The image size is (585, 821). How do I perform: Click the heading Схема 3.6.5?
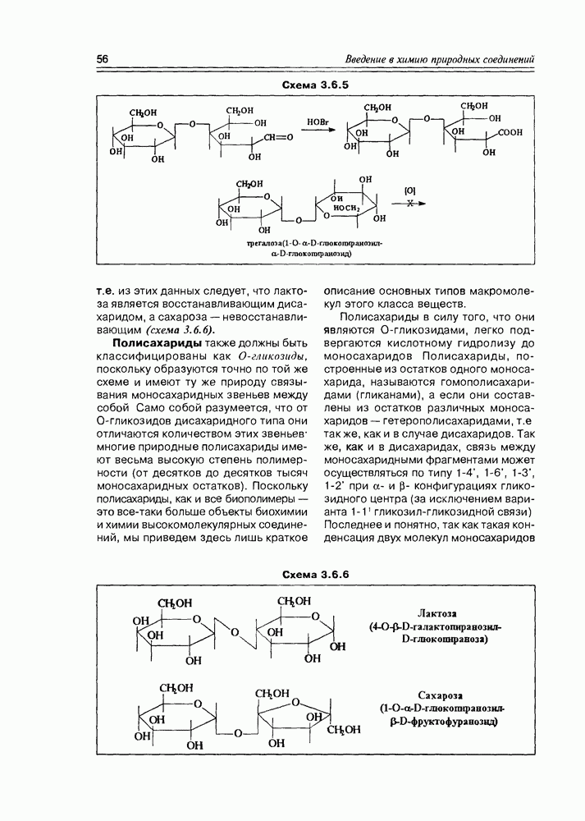click(316, 85)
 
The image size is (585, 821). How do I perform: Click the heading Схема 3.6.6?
click(316, 574)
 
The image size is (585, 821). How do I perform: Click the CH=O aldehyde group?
click(278, 137)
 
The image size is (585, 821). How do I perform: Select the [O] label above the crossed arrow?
click(410, 190)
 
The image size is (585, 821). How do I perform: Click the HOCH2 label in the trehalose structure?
click(345, 208)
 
